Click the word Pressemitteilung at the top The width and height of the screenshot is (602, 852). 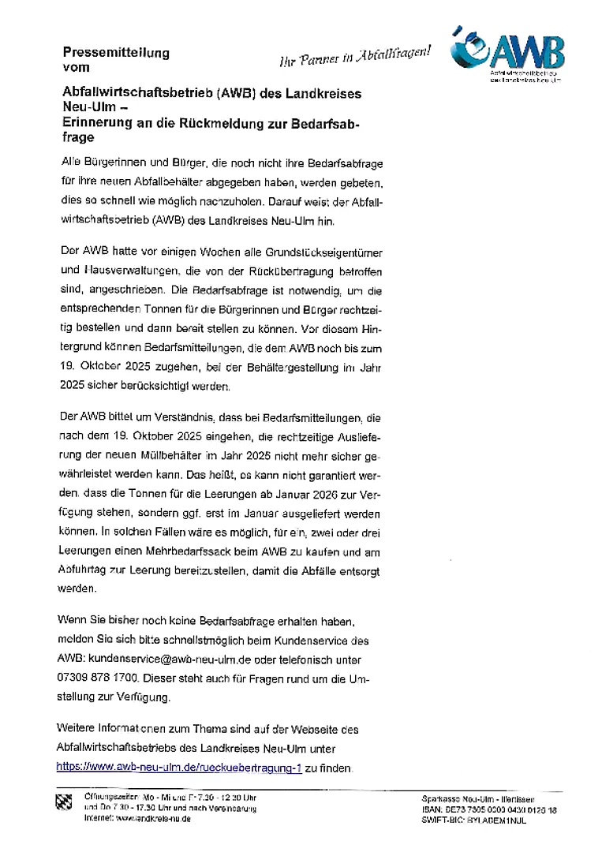pyautogui.click(x=115, y=54)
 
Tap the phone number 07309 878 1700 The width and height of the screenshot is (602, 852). pyautogui.click(x=99, y=678)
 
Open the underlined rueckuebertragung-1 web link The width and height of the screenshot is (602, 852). pyautogui.click(x=179, y=766)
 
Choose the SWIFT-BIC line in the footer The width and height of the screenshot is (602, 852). pyautogui.click(x=474, y=820)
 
